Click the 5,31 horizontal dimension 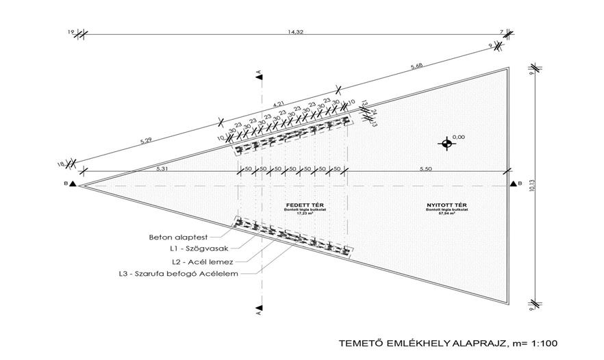[162, 168]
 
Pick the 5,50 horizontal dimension [426, 168]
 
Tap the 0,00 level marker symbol [446, 144]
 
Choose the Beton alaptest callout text [173, 237]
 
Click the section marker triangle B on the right [513, 184]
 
